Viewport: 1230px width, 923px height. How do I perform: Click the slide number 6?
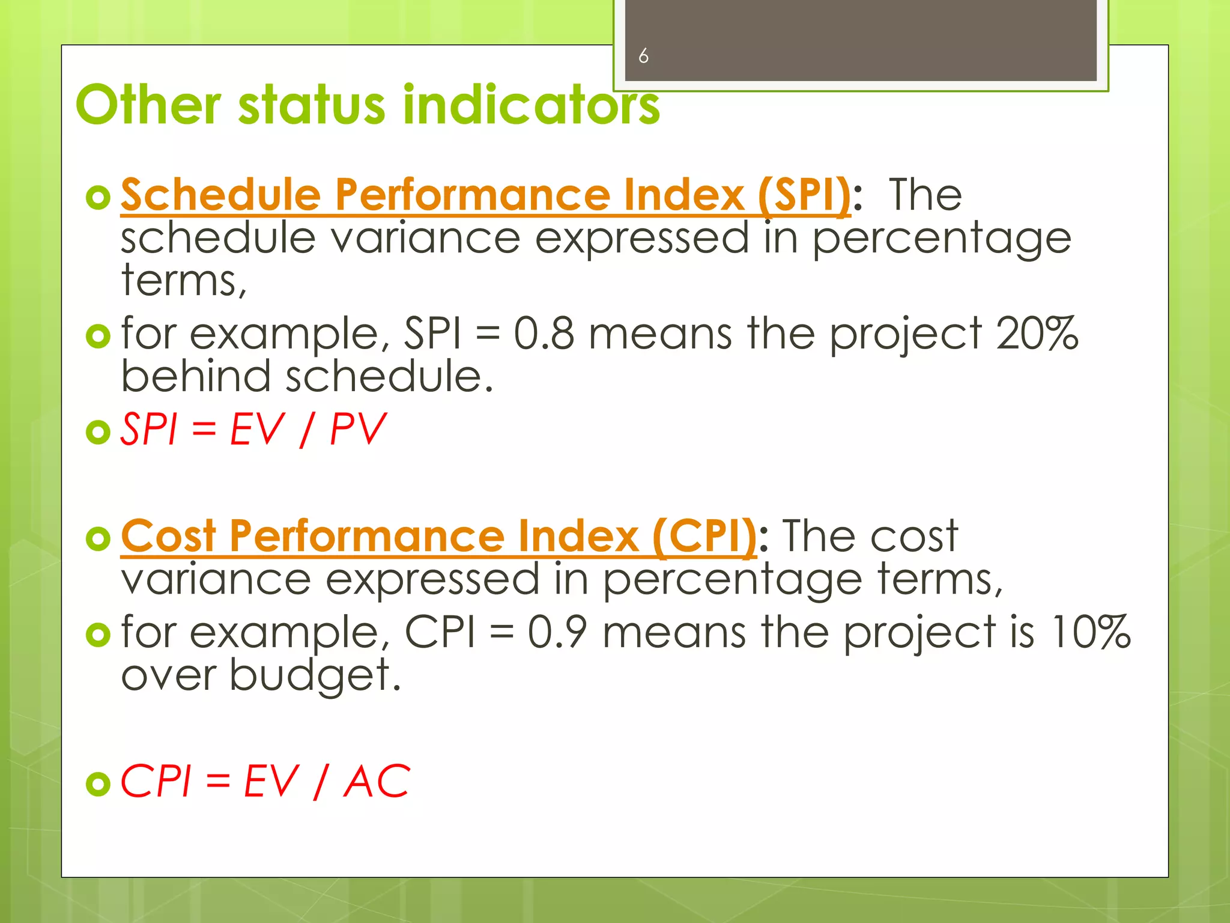643,56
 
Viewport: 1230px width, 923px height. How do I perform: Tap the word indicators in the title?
531,105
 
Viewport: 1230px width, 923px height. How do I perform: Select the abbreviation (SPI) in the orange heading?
804,195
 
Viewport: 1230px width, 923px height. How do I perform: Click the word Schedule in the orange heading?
220,195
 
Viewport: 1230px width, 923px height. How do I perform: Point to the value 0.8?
544,334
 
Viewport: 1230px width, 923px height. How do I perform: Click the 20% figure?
1037,334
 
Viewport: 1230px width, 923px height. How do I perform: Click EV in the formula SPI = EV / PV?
256,430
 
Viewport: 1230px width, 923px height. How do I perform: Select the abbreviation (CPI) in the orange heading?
704,536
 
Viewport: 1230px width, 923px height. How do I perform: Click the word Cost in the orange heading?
168,536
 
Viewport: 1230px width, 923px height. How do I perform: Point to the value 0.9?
557,633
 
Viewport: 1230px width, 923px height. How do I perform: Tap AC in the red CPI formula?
377,782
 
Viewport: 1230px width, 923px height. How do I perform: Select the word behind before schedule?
196,377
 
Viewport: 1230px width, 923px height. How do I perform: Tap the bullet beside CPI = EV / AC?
98,784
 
